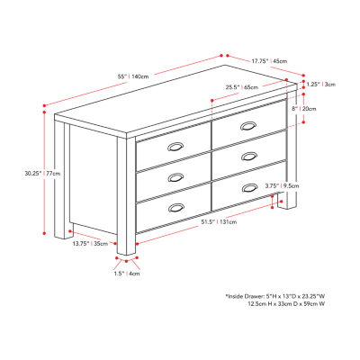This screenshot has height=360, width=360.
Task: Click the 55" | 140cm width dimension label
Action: click(133, 76)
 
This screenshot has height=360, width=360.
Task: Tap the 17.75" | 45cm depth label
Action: click(269, 61)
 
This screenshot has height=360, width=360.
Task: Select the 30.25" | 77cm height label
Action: click(42, 173)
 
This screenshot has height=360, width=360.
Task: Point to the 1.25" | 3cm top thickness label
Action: click(320, 85)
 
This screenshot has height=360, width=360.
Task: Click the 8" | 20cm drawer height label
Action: click(304, 109)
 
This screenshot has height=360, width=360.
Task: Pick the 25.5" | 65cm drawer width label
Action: click(242, 87)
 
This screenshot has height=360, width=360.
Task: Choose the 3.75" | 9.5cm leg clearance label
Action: click(282, 185)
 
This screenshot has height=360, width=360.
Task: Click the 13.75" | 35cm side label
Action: click(90, 243)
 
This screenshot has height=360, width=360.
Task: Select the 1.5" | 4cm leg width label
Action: click(127, 274)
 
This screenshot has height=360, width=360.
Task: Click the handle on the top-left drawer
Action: click(175, 147)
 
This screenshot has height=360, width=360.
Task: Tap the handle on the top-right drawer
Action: click(248, 126)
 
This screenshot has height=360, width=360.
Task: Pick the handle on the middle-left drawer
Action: click(175, 177)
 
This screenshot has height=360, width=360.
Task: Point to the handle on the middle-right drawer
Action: click(249, 157)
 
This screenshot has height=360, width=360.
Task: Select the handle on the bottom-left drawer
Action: click(176, 208)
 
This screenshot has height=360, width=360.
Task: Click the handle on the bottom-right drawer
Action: click(249, 187)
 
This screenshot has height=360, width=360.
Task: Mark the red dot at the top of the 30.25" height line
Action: click(44, 112)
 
